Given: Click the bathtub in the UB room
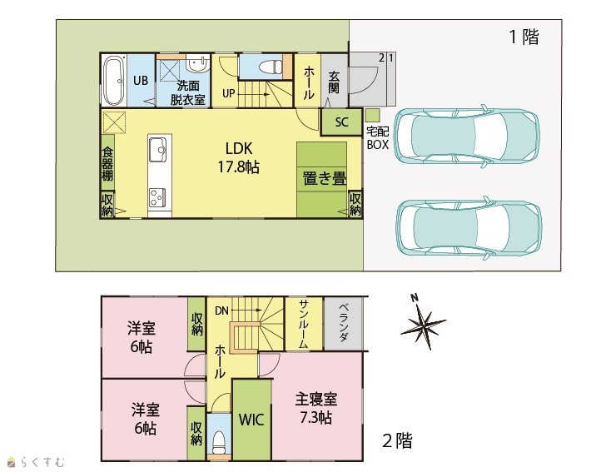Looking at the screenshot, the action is (x=114, y=81).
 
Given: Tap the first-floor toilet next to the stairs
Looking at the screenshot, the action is (x=271, y=67).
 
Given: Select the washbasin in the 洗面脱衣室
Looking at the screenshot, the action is (x=197, y=64).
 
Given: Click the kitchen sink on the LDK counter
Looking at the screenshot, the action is (x=158, y=149).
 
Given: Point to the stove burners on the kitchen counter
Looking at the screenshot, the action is (x=157, y=197).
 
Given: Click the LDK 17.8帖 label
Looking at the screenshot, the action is (x=239, y=157).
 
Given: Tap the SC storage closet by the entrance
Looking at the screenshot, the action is (x=341, y=122).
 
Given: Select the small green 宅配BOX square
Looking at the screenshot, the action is (x=372, y=115).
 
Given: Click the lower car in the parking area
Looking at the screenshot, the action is (x=469, y=228).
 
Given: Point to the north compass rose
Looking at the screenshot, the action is (x=423, y=323).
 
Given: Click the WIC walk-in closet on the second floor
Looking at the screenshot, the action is (x=251, y=420).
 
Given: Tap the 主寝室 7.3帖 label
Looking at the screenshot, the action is (x=315, y=408).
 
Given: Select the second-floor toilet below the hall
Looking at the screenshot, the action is (x=219, y=440).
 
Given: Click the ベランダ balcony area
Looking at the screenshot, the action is (x=344, y=324).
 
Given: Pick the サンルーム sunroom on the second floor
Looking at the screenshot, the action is (x=304, y=324).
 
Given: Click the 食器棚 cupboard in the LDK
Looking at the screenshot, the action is (x=107, y=162).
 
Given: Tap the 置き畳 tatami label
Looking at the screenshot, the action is (x=325, y=178).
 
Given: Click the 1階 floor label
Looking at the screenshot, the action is (x=524, y=37).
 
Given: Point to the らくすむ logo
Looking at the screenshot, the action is (x=37, y=461).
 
